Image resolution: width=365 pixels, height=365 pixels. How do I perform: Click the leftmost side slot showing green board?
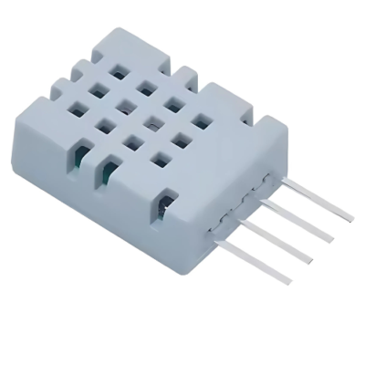(x=79, y=154)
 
